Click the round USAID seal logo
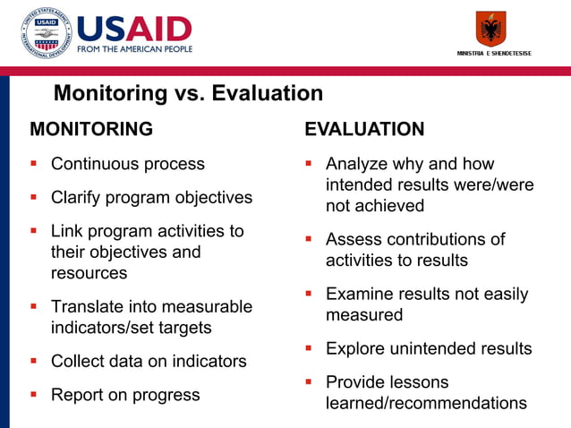click(45, 33)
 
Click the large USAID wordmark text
click(134, 28)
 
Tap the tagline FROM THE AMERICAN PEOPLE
click(134, 49)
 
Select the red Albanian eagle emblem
click(490, 29)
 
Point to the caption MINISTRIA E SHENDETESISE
click(494, 54)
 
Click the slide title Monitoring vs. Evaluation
click(188, 93)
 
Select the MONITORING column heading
click(91, 129)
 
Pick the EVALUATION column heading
click(364, 129)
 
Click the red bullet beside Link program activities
click(34, 231)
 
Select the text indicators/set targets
click(131, 328)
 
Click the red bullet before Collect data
click(34, 362)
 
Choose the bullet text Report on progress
click(125, 395)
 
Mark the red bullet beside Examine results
click(308, 294)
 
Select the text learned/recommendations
click(426, 403)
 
